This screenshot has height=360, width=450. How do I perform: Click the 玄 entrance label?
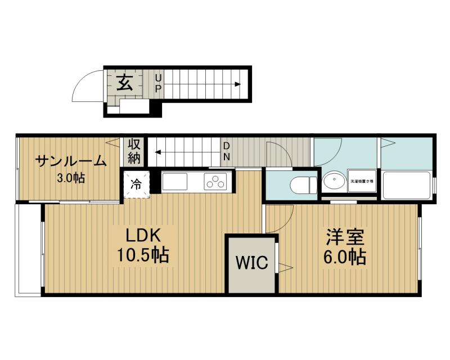[x=125, y=83]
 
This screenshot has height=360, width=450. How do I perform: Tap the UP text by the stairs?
[x=159, y=83]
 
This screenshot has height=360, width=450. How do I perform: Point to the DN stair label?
[x=226, y=150]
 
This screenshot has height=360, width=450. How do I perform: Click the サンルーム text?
[x=70, y=162]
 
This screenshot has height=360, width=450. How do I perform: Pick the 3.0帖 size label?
[x=71, y=179]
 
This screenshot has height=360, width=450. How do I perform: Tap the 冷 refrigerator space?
[x=136, y=183]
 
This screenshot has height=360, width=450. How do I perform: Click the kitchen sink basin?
[x=175, y=182]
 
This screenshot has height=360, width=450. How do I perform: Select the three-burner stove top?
[x=215, y=182]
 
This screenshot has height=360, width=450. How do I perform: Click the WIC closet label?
[x=251, y=263]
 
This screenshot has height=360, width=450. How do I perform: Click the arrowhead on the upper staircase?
[x=238, y=84]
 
